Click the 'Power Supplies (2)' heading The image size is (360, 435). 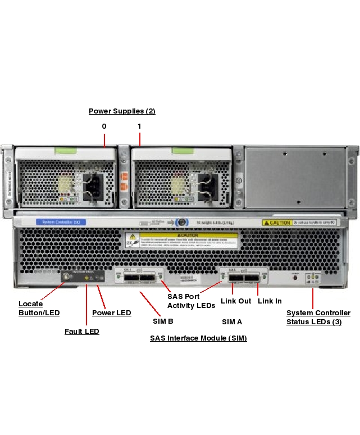[122, 111]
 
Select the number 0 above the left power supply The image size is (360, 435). [104, 126]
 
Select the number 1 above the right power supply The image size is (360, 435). [139, 126]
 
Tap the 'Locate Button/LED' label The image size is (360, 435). [39, 309]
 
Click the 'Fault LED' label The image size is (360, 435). [81, 332]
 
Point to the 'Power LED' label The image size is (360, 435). [112, 313]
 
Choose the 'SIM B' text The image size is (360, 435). [163, 321]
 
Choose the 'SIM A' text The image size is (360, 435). [232, 321]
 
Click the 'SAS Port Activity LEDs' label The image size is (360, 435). [191, 301]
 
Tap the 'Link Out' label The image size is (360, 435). [236, 301]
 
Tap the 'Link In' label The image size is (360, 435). [270, 301]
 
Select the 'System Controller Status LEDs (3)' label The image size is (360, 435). [318, 318]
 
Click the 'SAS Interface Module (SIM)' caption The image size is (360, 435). [198, 338]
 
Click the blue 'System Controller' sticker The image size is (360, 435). [61, 223]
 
